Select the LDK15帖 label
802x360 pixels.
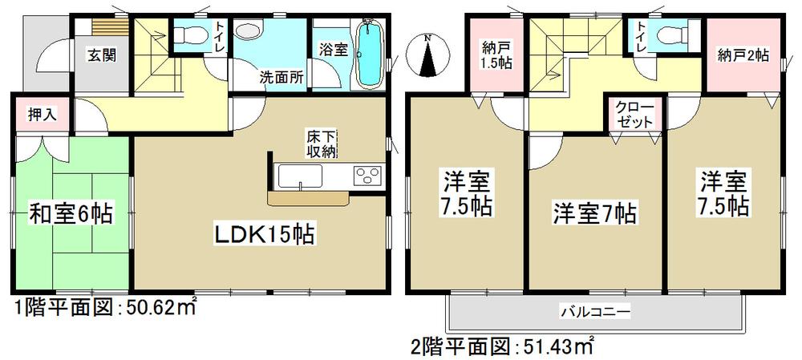(261, 235)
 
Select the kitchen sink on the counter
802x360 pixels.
(299, 175)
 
